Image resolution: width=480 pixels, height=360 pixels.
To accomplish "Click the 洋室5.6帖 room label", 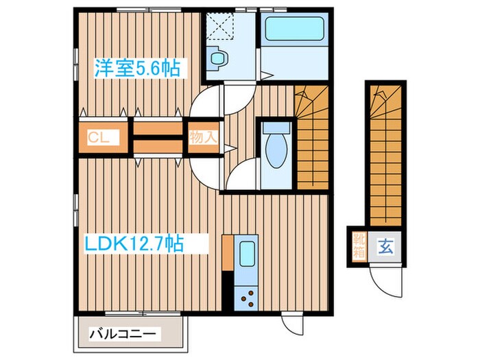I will (137, 68).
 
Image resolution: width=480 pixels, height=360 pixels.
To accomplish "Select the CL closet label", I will (99, 136).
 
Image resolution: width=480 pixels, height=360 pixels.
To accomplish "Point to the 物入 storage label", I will (204, 136).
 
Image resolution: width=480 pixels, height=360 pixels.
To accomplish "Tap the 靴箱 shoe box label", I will (359, 245).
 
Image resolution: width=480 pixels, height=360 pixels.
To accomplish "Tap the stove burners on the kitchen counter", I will (246, 296).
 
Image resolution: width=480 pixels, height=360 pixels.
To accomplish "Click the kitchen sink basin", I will (246, 255).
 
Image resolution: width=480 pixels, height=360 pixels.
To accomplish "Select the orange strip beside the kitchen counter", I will (227, 253).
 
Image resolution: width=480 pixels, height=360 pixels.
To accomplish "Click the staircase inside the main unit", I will (312, 137).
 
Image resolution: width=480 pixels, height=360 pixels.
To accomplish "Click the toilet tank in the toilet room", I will (276, 128).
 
